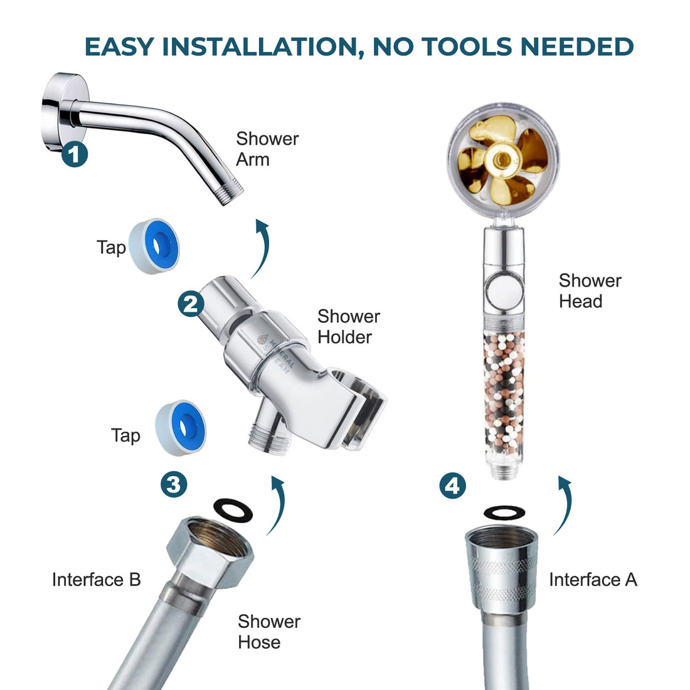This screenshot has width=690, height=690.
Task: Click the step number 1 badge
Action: (75, 154)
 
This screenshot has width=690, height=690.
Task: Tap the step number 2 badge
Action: (191, 304)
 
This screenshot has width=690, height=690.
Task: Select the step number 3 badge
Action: (174, 484)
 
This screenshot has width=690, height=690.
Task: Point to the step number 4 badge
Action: (452, 486)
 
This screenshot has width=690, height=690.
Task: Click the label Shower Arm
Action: (267, 149)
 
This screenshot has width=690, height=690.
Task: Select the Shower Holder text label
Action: (348, 326)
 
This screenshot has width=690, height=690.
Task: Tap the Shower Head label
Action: (590, 290)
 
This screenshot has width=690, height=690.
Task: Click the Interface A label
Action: (593, 580)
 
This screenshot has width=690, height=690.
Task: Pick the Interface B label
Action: (97, 580)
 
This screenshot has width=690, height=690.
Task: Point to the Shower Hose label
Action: (268, 632)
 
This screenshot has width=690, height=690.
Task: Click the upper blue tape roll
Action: (154, 245)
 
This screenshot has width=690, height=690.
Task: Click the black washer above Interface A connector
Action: (506, 512)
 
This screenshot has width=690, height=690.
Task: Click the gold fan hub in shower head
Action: (500, 161)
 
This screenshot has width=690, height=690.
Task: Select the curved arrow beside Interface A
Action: (564, 505)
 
